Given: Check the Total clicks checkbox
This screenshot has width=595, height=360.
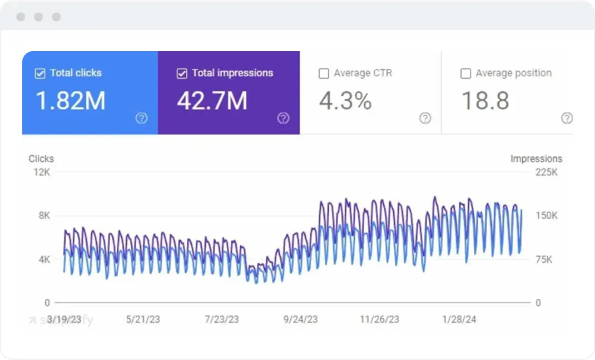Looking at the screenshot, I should coord(40,73).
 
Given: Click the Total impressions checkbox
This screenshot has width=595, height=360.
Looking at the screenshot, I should coord(182,73).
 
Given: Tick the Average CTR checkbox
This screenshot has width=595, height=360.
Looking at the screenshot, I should coord(324,73).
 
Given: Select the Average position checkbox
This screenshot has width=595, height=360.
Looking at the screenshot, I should coord(466,73).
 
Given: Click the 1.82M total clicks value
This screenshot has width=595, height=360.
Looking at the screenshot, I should coord(70,101).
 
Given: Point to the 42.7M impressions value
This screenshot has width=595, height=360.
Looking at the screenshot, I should coord(212,101).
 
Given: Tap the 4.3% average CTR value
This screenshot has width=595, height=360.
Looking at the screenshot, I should coord(345,101).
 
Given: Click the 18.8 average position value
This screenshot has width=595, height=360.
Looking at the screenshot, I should coord(485,101).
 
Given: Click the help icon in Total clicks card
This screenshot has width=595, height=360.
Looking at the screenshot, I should coord(142,118).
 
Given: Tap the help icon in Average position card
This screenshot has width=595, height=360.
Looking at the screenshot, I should coord(567,118).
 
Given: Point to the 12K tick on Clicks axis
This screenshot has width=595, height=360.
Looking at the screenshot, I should coord(42,172).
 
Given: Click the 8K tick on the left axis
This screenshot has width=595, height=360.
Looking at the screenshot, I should coord(44,216).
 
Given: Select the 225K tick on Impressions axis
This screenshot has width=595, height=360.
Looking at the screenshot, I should coord(546,172).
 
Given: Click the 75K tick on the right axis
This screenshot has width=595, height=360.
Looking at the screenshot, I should coord(544,260).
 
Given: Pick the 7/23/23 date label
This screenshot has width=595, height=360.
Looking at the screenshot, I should coord(222,319).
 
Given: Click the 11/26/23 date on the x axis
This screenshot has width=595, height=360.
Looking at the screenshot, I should coord(379,319).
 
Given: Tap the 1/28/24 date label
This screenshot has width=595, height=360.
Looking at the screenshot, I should coord(459,319).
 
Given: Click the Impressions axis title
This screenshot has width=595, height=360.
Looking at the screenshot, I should coord(536,159).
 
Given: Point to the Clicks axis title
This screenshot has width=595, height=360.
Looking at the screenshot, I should coord(41,159).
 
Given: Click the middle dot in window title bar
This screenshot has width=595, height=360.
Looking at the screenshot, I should coord(38,17).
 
